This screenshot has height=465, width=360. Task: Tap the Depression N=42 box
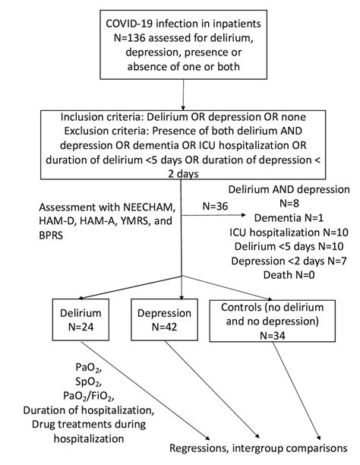[165, 323]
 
